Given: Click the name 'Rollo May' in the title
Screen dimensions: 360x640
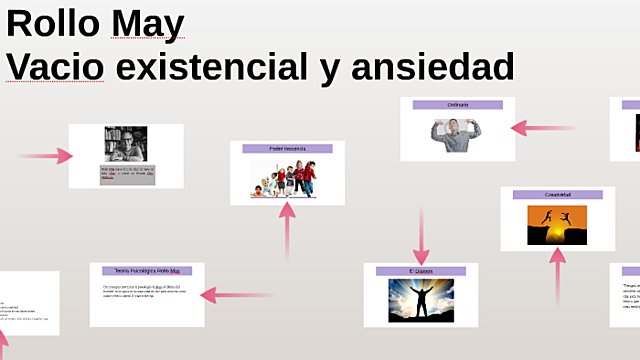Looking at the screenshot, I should click(95, 22).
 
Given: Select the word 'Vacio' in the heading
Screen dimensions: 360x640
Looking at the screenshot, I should click(55, 67).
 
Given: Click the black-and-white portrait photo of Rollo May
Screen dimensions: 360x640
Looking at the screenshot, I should click(126, 144).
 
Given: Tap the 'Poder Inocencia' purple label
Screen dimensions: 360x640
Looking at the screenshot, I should click(287, 148).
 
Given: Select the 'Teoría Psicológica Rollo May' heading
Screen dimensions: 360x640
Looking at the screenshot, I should click(146, 271).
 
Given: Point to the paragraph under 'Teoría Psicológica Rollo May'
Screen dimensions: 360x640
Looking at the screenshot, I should click(146, 291).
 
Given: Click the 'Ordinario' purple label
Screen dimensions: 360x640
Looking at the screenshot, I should click(457, 105).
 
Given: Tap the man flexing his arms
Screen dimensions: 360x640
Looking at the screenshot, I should click(457, 134).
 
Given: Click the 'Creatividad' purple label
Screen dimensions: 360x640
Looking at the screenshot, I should click(557, 194).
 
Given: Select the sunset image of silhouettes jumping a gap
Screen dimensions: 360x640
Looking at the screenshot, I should click(557, 225).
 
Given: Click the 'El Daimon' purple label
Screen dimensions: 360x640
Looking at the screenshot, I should click(421, 271).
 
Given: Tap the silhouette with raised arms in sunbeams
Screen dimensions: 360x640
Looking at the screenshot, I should click(421, 299).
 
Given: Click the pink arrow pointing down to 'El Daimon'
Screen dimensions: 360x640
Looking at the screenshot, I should click(422, 234).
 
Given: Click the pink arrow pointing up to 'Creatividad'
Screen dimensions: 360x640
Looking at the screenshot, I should click(558, 275).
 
